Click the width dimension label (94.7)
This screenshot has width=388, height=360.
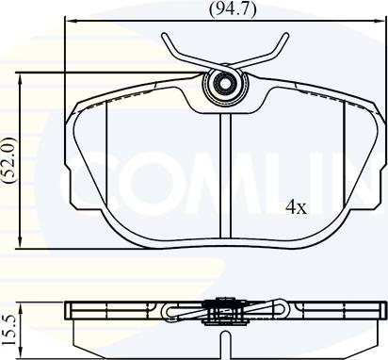coord(233,8)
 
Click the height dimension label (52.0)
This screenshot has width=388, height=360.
coord(9,160)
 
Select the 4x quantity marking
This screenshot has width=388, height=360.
coord(296,207)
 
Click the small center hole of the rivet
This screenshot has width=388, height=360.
coord(225,84)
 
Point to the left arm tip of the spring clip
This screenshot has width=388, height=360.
coord(164,35)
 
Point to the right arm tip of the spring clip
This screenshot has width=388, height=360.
coord(285,35)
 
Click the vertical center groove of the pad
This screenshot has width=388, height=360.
coord(225,176)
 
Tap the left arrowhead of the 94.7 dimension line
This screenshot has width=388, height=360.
coord(69,21)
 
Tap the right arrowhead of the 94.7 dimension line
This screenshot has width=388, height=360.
coord(380,21)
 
